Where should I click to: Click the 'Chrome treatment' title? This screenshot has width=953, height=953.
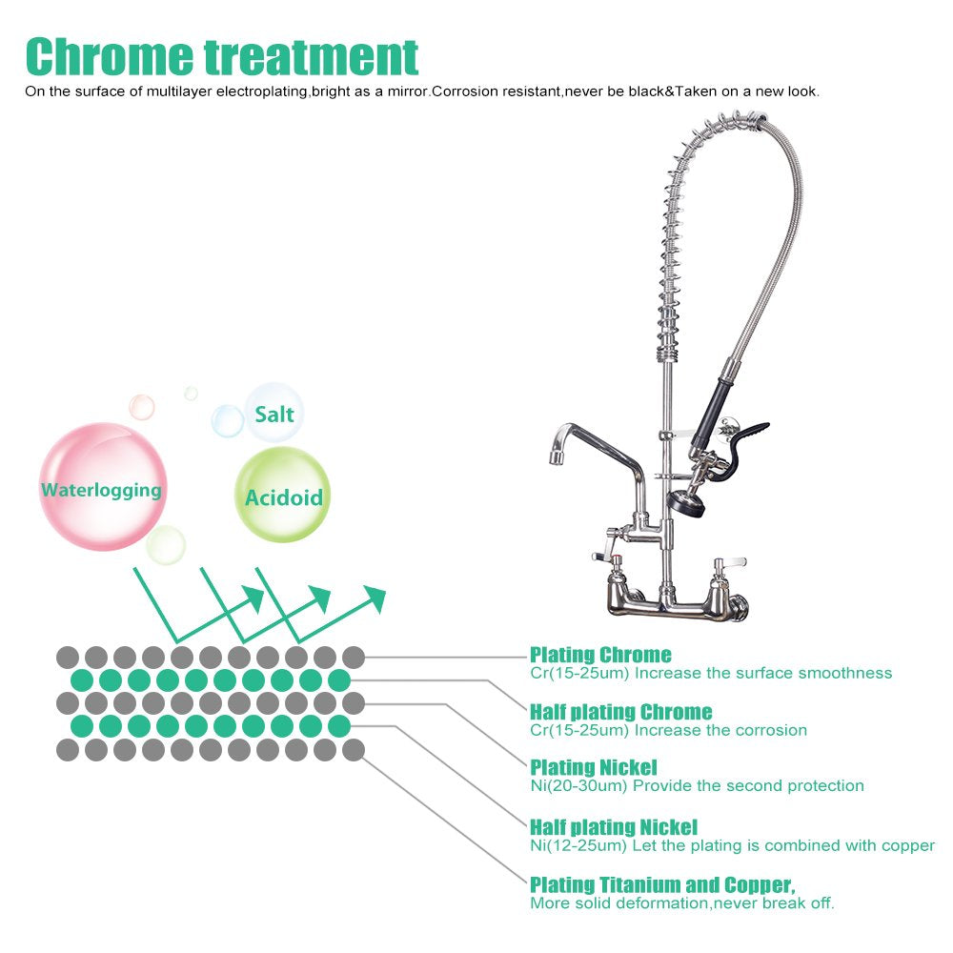tap(222, 56)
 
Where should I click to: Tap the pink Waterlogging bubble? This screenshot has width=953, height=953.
tap(102, 487)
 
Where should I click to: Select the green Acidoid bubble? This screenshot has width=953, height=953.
tap(283, 495)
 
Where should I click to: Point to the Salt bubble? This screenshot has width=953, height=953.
tap(274, 413)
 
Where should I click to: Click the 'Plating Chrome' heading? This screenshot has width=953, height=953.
tap(600, 655)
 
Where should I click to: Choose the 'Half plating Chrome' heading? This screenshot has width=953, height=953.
tap(620, 712)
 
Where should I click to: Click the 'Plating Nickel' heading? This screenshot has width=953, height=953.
tap(593, 767)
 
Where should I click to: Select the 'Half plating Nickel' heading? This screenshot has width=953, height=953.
tap(613, 826)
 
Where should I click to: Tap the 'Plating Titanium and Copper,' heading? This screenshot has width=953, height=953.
tap(662, 884)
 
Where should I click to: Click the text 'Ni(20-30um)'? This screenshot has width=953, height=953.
tap(578, 786)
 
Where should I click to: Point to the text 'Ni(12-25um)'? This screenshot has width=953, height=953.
tap(578, 845)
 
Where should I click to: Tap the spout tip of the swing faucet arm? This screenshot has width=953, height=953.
tap(557, 457)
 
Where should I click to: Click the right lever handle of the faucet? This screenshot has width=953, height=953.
tap(730, 562)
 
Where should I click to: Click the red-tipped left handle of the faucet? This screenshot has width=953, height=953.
tap(608, 557)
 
